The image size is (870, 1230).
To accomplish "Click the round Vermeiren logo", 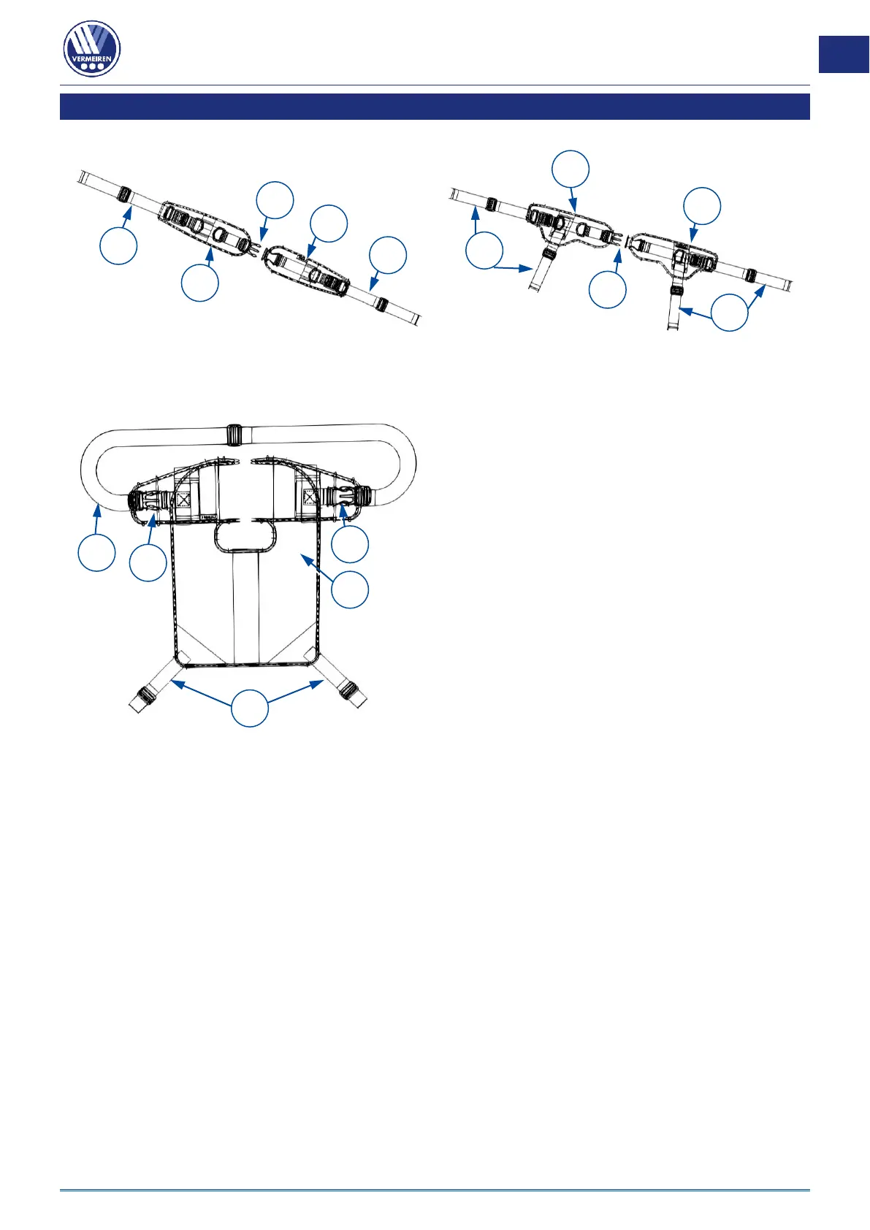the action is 92,49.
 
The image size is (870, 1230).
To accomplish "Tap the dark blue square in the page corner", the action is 844,54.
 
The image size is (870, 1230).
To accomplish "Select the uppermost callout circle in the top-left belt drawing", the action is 275,200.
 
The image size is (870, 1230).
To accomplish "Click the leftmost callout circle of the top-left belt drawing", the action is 118,246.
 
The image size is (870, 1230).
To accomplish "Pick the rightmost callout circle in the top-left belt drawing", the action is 388,255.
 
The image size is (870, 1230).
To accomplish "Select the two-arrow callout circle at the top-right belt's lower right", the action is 730,312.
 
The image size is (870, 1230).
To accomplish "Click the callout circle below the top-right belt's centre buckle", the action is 608,289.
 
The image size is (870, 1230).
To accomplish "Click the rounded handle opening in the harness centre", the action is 245,538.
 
